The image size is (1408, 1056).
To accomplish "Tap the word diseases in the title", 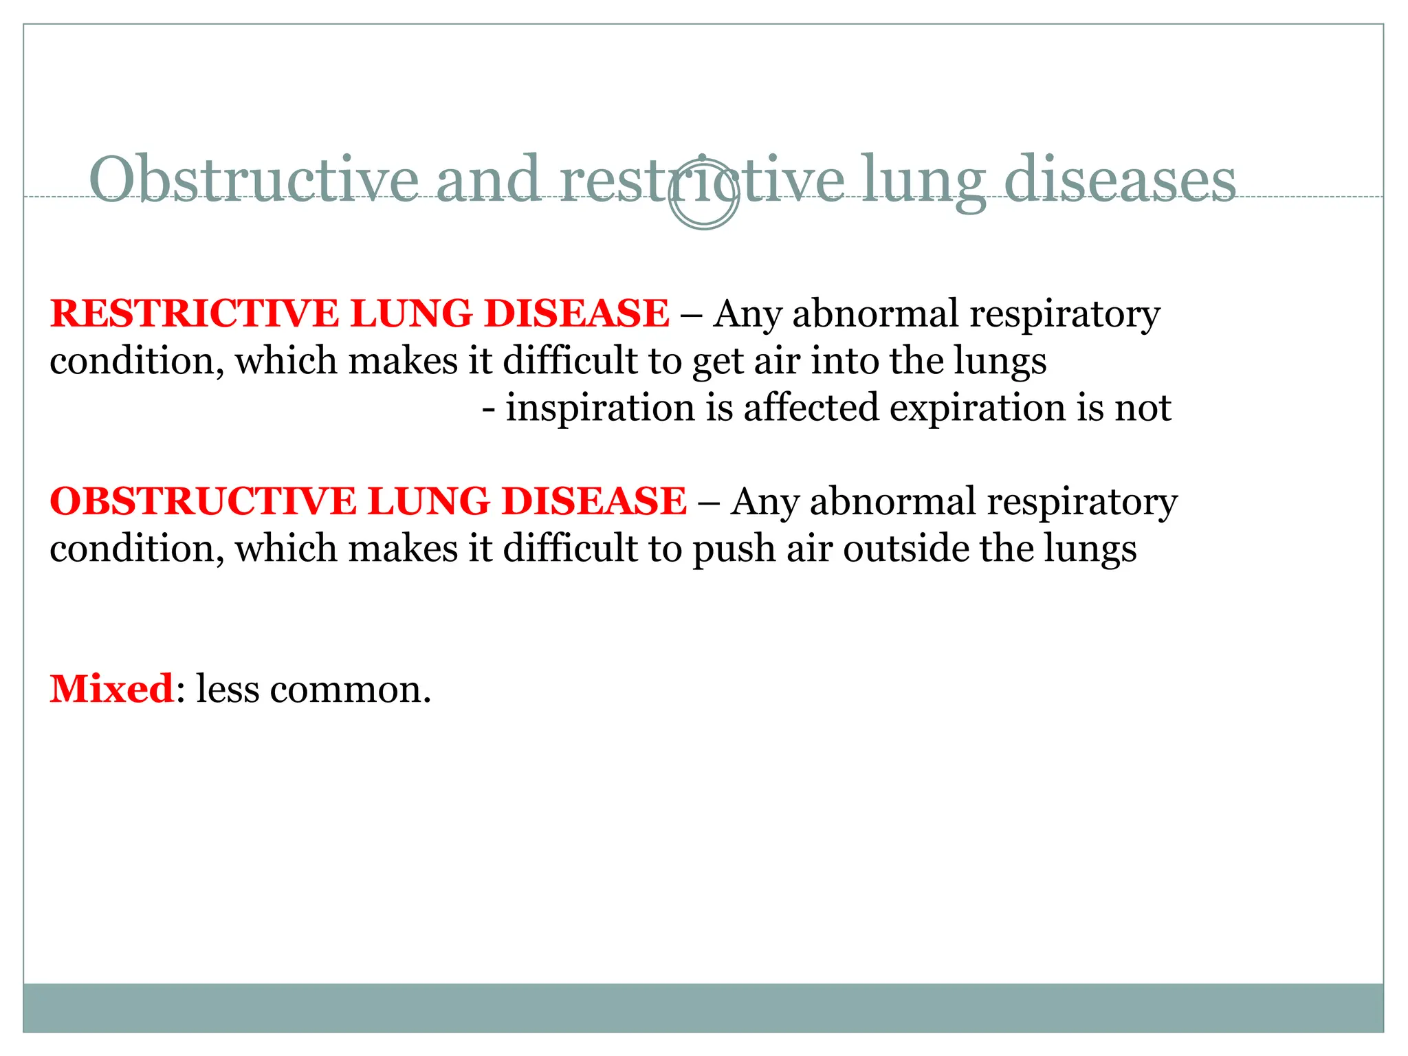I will pyautogui.click(x=1120, y=179).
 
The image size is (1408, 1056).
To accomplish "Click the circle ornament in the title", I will pyautogui.click(x=703, y=195).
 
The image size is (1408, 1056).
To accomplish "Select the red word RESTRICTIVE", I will pyautogui.click(x=195, y=313).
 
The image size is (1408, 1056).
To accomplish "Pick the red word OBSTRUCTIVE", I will pyautogui.click(x=203, y=501).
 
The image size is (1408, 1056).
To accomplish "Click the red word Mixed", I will pyautogui.click(x=112, y=688).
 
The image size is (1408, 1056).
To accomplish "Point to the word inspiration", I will pyautogui.click(x=600, y=408).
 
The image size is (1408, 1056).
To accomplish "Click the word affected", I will pyautogui.click(x=811, y=408).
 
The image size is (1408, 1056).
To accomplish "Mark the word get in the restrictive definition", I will pyautogui.click(x=718, y=362).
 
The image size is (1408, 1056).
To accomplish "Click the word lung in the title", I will pyautogui.click(x=923, y=181).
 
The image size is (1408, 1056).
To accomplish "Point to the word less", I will pyautogui.click(x=228, y=688).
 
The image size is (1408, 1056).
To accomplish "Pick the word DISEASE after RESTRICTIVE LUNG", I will pyautogui.click(x=576, y=313).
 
